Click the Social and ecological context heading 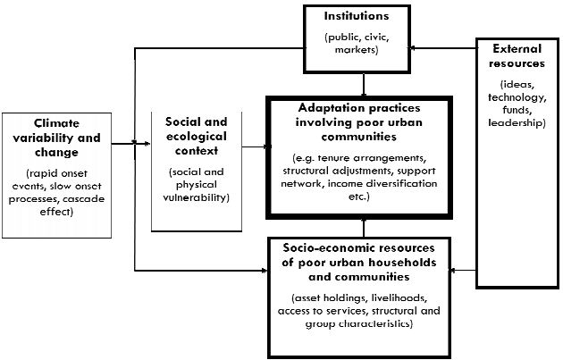coord(196,134)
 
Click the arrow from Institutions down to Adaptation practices coord(364,85)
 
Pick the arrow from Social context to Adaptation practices coord(252,145)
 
